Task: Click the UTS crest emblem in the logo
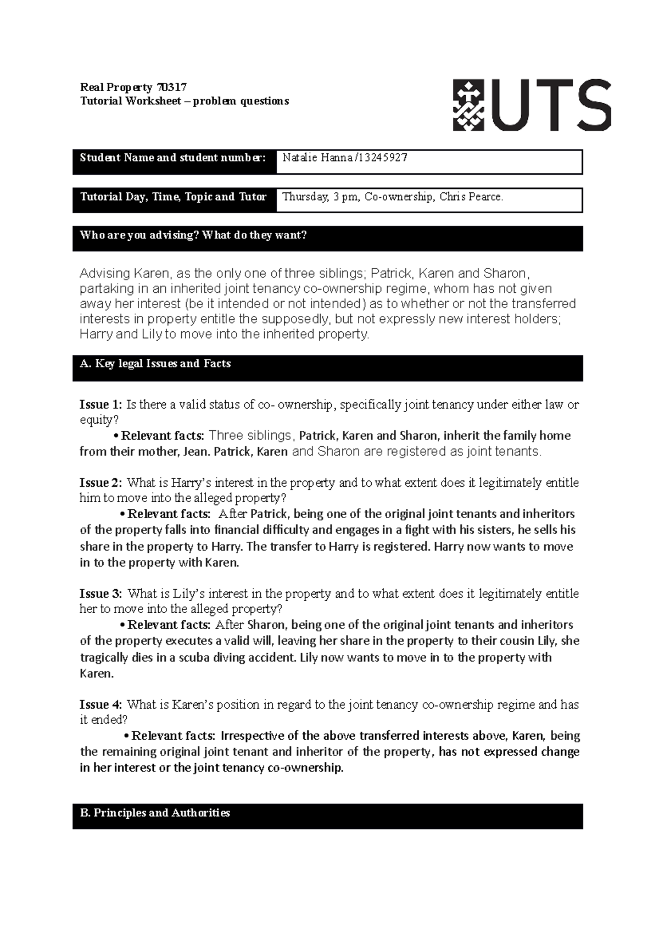click(468, 105)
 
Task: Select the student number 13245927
click(382, 158)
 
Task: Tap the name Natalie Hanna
click(317, 158)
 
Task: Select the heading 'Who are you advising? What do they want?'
click(193, 235)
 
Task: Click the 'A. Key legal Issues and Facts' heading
click(155, 364)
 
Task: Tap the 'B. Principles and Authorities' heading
click(154, 813)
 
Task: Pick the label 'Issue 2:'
click(100, 483)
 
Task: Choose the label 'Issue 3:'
click(100, 594)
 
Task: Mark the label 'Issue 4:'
click(100, 705)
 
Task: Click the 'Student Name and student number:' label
click(172, 158)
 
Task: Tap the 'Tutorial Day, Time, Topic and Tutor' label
click(173, 197)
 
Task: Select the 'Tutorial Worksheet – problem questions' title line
click(184, 101)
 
